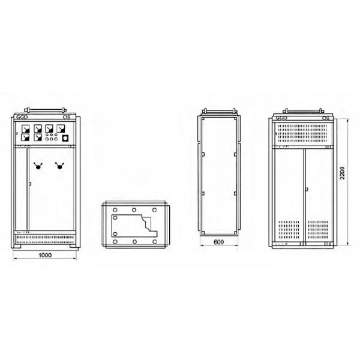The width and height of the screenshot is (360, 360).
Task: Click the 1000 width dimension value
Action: click(x=45, y=256)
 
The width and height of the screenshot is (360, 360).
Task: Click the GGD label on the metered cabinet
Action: click(x=22, y=118)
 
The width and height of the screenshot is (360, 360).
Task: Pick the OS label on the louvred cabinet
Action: click(x=326, y=119)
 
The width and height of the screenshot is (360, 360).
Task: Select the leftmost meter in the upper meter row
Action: click(x=25, y=128)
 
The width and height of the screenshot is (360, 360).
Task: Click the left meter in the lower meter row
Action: click(x=25, y=137)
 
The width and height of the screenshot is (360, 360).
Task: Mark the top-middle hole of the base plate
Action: click(x=134, y=209)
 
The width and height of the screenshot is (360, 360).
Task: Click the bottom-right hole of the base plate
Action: click(x=155, y=241)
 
